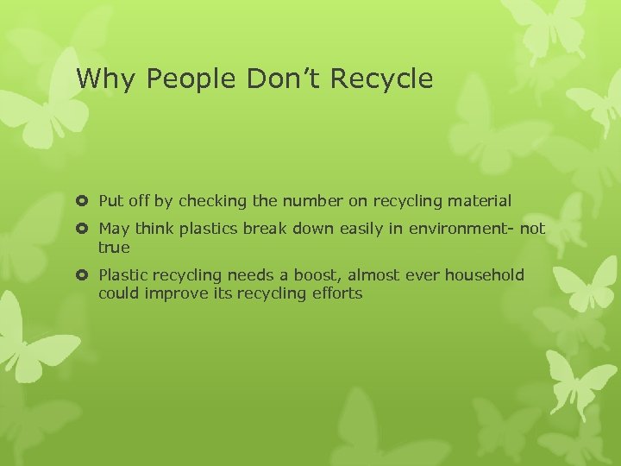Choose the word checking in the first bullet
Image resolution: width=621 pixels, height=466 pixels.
click(212, 201)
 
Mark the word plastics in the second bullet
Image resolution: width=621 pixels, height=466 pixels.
click(210, 229)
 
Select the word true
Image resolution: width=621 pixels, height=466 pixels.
click(114, 248)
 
